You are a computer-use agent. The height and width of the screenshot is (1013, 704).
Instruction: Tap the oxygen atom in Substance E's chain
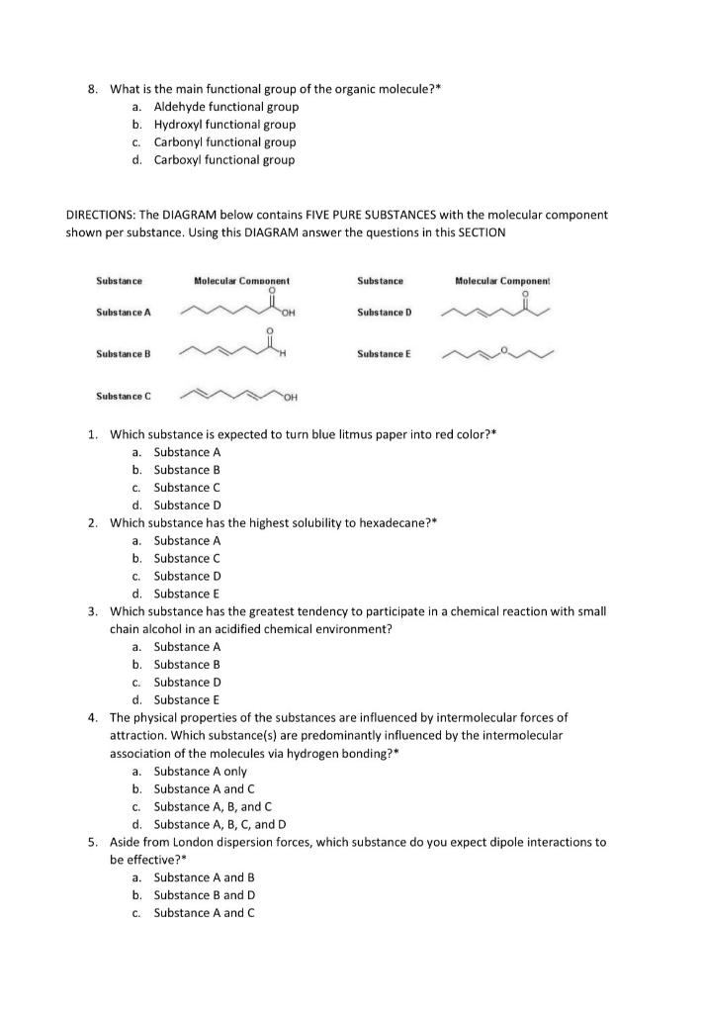tap(501, 348)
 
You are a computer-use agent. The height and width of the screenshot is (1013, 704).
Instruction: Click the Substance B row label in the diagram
tap(124, 353)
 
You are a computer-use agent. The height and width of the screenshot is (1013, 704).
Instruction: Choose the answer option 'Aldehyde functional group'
tap(225, 107)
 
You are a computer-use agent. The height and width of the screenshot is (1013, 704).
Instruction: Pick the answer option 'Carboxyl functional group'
tap(224, 160)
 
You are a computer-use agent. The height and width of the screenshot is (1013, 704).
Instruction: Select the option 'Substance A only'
tap(201, 772)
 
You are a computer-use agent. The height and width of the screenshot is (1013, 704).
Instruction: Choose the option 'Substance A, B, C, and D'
tap(220, 824)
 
